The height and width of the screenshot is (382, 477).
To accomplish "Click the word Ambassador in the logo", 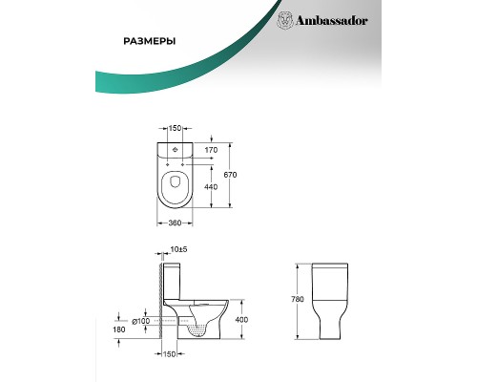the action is click(x=332, y=21).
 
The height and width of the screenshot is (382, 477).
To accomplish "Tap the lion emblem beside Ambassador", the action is click(x=285, y=21).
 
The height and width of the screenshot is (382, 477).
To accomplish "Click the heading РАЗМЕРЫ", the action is click(x=150, y=42).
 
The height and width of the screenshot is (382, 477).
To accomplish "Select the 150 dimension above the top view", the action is click(x=175, y=128).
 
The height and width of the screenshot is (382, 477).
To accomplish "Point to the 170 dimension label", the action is click(x=211, y=150).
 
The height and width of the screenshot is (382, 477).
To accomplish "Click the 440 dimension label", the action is click(x=211, y=187).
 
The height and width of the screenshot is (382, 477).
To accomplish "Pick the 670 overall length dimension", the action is click(x=230, y=175).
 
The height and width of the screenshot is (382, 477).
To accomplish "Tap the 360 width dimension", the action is click(x=175, y=223).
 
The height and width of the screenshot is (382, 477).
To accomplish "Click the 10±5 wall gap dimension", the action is click(x=178, y=249).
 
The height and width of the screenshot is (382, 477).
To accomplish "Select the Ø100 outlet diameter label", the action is click(x=141, y=322).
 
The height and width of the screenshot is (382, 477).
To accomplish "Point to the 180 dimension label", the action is click(x=119, y=329).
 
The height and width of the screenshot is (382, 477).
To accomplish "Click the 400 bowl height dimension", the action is click(x=241, y=319).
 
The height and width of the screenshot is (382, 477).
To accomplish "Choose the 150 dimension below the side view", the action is click(x=170, y=354).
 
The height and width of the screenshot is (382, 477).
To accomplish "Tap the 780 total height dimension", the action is click(x=298, y=299).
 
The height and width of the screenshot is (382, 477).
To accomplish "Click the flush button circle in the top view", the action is click(x=175, y=149).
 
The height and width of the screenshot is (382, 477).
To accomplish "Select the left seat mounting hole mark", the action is click(x=167, y=164).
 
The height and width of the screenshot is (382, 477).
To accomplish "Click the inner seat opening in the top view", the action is click(x=175, y=181).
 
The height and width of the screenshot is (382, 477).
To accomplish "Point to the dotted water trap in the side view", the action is click(x=197, y=329).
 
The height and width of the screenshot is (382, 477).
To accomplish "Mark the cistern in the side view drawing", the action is click(x=172, y=282).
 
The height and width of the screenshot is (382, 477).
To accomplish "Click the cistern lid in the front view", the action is click(x=330, y=265).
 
